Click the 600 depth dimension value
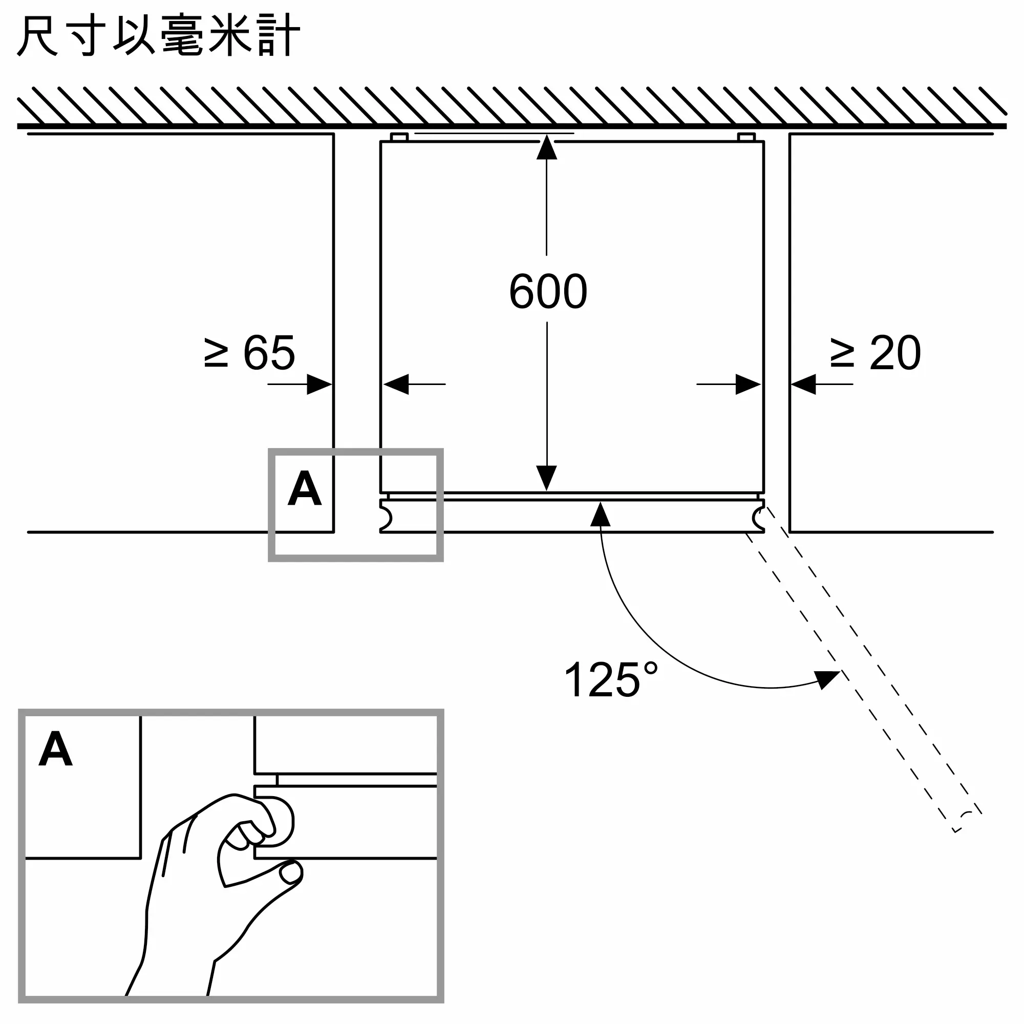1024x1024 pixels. point(548,291)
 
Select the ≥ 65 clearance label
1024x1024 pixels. point(249,352)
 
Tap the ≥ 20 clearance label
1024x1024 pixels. point(876,352)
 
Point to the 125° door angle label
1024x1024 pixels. point(611,679)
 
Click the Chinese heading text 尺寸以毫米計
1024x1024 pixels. point(159,35)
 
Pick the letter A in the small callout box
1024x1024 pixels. point(304,488)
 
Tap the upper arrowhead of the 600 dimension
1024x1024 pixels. point(546,147)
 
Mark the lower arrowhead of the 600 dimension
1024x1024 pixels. point(546,478)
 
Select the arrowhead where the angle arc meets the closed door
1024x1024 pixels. point(600,514)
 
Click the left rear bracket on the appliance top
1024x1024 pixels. point(399,137)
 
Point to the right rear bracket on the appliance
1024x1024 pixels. point(746,137)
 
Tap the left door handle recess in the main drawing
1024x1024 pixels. point(387,518)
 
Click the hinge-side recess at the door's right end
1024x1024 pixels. point(758,518)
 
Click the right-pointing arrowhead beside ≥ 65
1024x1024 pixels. point(319,385)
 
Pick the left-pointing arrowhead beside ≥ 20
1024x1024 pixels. point(803,385)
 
